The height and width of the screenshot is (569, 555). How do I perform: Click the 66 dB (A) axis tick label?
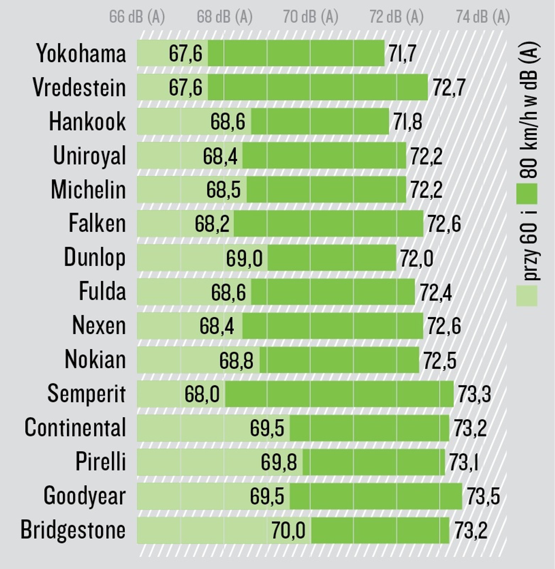pyautogui.click(x=137, y=17)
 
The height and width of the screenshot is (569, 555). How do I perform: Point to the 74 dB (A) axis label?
pyautogui.click(x=483, y=17)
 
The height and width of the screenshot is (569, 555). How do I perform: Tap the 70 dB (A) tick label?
pyautogui.click(x=311, y=17)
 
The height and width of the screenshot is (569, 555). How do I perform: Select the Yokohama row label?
pyautogui.click(x=81, y=53)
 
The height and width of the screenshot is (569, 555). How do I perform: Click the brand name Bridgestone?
pyautogui.click(x=73, y=530)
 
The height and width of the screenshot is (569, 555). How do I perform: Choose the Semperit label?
pyautogui.click(x=87, y=394)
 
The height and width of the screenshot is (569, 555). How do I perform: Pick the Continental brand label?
pyautogui.click(x=75, y=427)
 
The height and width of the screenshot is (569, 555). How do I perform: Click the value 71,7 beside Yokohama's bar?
pyautogui.click(x=402, y=54)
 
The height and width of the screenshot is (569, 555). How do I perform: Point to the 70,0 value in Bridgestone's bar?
pyautogui.click(x=288, y=530)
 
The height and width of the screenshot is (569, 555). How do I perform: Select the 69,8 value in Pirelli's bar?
pyautogui.click(x=279, y=462)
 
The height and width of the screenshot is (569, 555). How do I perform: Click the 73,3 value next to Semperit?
pyautogui.click(x=474, y=394)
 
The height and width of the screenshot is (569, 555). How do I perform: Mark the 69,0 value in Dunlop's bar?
pyautogui.click(x=244, y=258)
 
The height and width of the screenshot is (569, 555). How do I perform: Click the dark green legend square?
pyautogui.click(x=527, y=194)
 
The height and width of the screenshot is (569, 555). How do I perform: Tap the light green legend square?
pyautogui.click(x=527, y=296)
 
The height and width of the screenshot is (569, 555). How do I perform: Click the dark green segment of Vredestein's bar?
pyautogui.click(x=318, y=87)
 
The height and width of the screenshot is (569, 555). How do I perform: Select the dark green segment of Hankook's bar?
pyautogui.click(x=320, y=121)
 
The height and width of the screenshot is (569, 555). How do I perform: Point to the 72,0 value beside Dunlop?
pyautogui.click(x=416, y=258)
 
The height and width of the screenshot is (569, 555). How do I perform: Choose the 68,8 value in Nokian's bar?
pyautogui.click(x=236, y=360)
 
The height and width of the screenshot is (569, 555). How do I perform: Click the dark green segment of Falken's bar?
pyautogui.click(x=329, y=224)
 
